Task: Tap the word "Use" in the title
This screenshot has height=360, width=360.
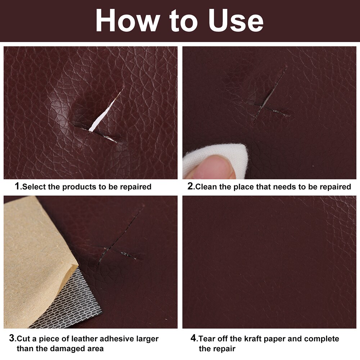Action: coord(236,21)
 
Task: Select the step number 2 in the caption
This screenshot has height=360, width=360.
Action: coord(191,186)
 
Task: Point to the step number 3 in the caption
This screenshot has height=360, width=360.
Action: coord(13,339)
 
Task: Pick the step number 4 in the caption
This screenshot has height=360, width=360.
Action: coord(194,339)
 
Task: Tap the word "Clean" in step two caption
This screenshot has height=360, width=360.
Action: coord(206,187)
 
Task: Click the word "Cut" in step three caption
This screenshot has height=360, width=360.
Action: coord(23,339)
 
